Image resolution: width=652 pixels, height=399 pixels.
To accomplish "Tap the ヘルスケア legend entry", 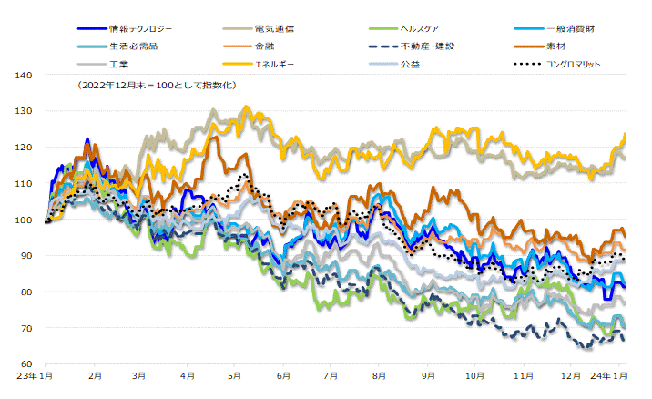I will click(419, 29).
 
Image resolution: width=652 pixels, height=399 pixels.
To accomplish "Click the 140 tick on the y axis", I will click(25, 76).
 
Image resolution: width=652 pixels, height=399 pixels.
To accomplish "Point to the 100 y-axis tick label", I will click(25, 220).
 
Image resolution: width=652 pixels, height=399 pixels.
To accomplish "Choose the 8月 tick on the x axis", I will click(378, 375).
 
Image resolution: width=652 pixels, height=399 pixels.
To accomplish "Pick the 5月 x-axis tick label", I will click(235, 375).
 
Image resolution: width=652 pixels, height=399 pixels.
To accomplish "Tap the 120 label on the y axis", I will click(25, 148).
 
